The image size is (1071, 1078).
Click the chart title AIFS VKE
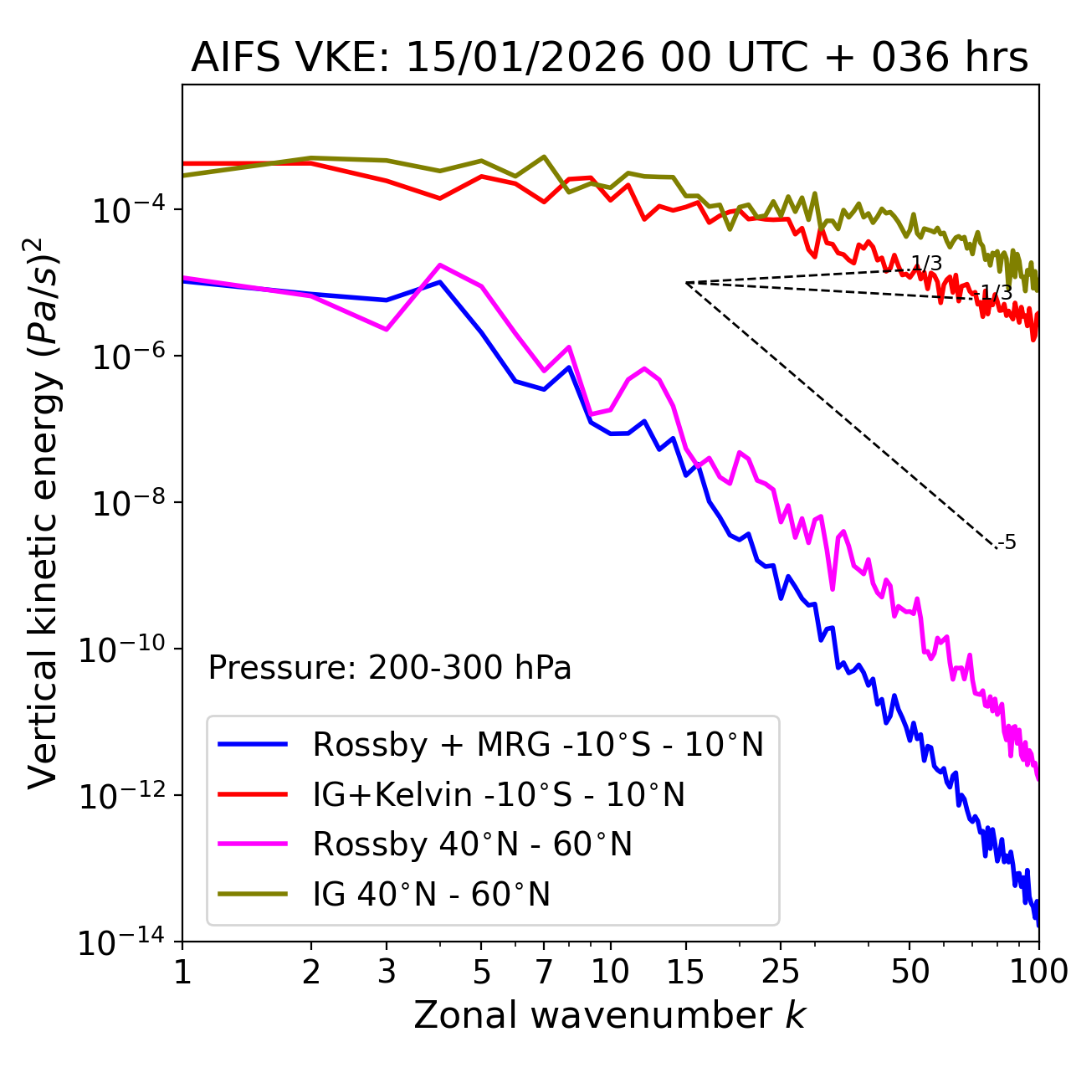[x=609, y=59]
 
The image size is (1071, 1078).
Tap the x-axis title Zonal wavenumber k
[x=609, y=1015]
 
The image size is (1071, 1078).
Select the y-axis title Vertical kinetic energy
[x=44, y=513]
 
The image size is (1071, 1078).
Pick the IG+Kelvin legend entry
[x=499, y=794]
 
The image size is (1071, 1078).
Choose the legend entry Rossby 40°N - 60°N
[x=472, y=844]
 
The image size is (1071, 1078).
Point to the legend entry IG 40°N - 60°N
[x=431, y=895]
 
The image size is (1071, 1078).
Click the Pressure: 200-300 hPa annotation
[x=390, y=668]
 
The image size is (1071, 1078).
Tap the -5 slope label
[x=1008, y=542]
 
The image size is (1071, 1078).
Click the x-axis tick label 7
[x=544, y=972]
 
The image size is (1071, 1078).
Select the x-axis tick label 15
[x=685, y=972]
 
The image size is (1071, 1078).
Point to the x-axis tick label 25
[x=781, y=972]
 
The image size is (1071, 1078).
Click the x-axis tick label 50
[x=910, y=972]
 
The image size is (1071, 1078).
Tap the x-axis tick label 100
[x=1038, y=972]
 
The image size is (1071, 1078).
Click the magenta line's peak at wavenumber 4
[x=440, y=264]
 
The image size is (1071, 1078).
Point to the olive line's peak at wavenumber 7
[x=544, y=157]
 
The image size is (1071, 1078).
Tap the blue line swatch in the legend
[x=253, y=744]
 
